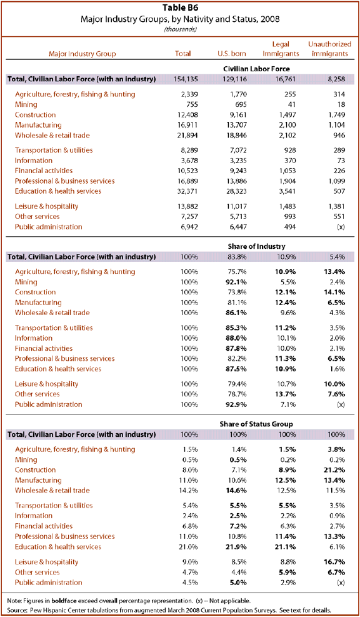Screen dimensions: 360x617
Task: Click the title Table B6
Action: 180,9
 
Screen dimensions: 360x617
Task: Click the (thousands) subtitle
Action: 180,29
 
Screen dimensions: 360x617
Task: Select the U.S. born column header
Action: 232,54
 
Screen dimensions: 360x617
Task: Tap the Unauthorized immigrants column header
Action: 330,49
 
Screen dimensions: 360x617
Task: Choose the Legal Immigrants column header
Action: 281,49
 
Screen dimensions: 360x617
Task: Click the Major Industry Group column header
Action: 82,54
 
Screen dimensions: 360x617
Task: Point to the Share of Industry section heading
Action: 256,246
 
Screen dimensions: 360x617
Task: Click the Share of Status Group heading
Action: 256,424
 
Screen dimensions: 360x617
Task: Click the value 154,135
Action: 186,79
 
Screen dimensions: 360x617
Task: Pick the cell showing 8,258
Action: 337,79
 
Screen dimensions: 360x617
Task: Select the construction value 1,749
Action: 337,115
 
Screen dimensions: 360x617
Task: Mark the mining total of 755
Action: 192,104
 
